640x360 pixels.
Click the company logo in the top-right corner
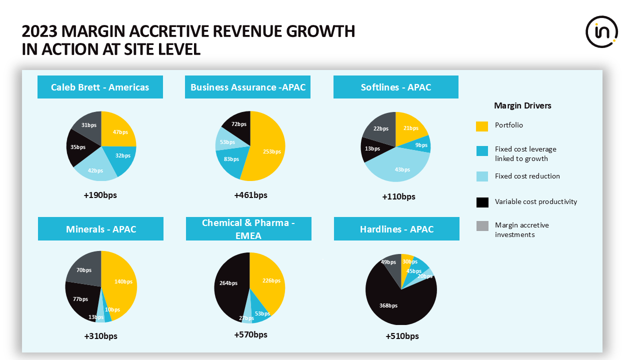pos(601,32)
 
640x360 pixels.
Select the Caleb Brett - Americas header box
pos(100,87)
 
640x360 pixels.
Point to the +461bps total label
pos(250,195)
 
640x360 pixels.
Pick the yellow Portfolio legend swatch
pos(481,126)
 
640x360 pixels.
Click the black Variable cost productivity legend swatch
pos(481,202)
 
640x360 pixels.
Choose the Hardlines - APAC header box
pos(396,229)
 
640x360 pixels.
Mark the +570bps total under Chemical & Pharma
pos(250,334)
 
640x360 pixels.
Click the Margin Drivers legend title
pos(522,105)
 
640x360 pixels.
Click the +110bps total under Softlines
pos(398,196)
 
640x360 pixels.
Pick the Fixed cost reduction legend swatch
pos(481,176)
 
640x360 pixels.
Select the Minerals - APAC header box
pos(101,229)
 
